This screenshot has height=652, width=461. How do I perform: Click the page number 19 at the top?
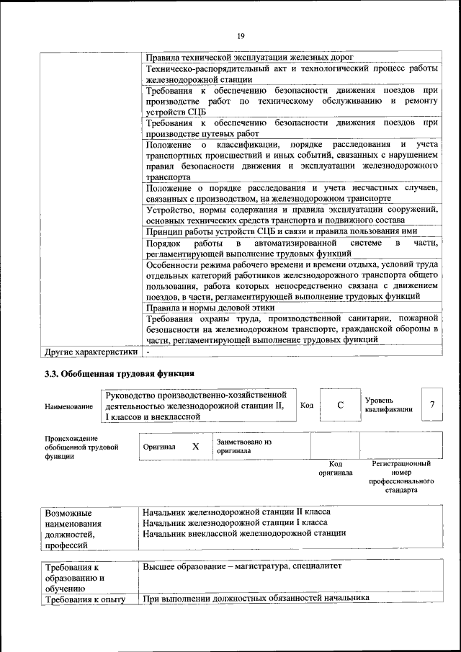point(241,35)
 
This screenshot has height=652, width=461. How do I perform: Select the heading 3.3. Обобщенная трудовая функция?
point(120,374)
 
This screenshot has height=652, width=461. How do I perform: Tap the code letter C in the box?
point(340,405)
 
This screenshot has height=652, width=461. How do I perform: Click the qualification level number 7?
point(432,405)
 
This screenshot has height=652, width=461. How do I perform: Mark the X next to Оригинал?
point(195,447)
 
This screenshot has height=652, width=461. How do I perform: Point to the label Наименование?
point(68,406)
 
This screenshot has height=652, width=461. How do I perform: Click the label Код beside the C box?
point(306,405)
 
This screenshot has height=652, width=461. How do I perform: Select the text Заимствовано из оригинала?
point(243,446)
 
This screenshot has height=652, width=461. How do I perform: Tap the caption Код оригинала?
point(335,469)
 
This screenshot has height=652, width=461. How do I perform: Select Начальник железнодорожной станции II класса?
point(237,511)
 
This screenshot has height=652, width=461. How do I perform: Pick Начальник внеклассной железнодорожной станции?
point(244,533)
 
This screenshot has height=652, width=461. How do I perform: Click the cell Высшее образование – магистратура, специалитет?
point(242,566)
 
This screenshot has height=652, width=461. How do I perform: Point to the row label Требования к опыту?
point(85,599)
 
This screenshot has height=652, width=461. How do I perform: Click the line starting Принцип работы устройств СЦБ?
point(282,231)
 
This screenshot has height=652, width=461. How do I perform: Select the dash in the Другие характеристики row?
point(147,353)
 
